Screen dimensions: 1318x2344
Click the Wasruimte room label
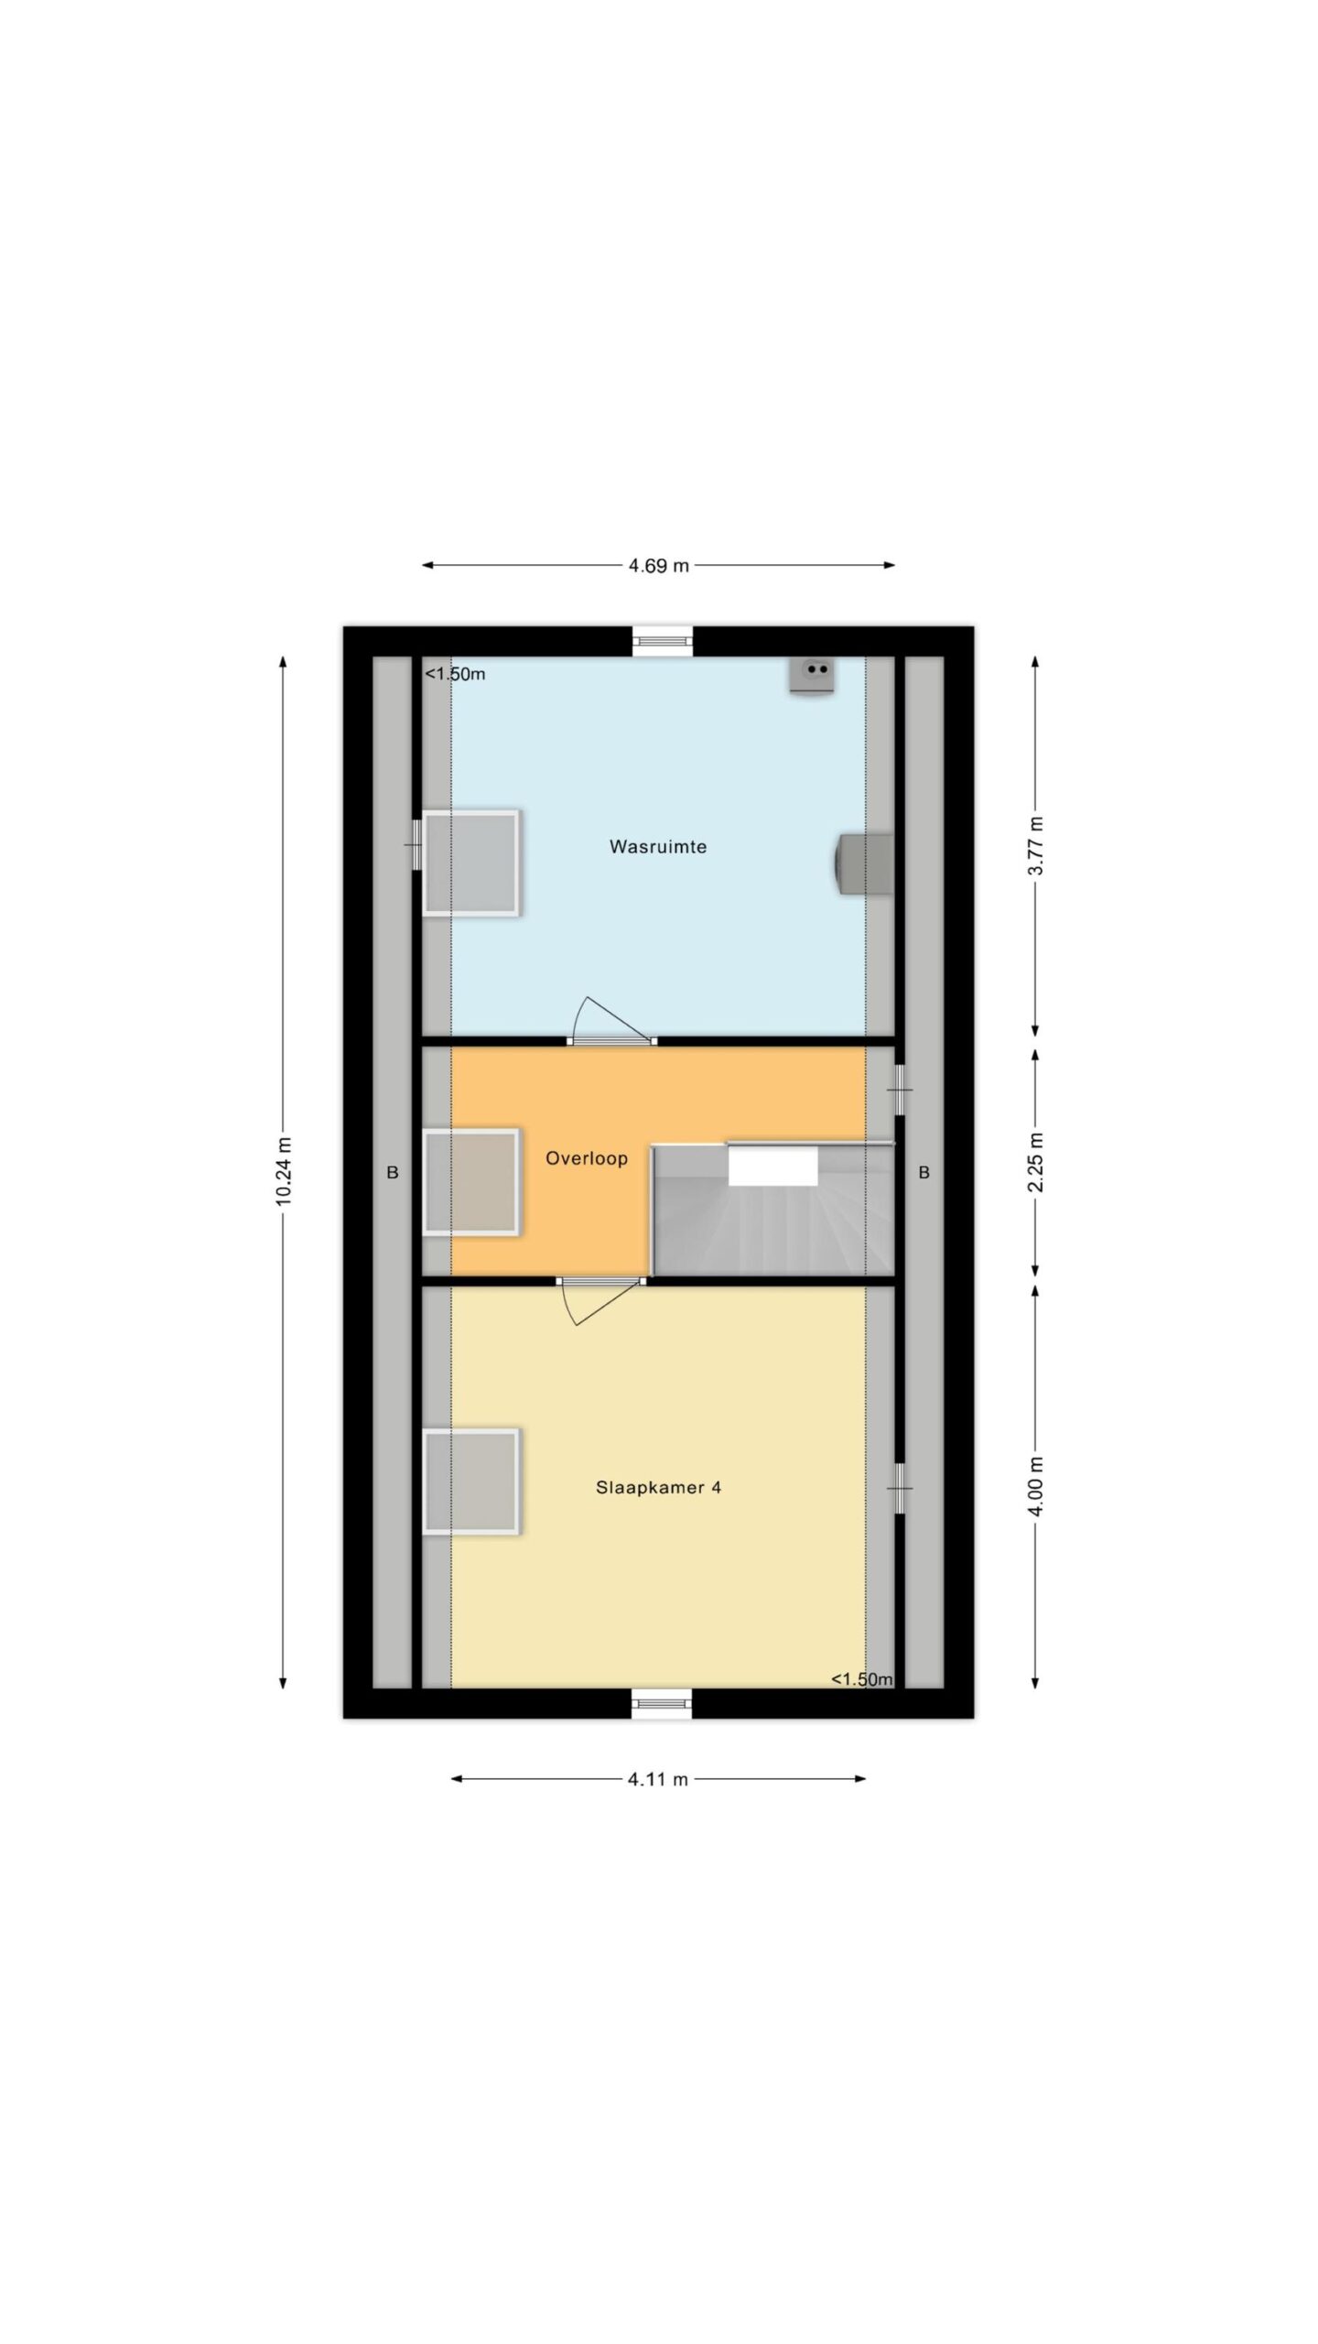657,847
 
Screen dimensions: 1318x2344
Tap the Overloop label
587,1158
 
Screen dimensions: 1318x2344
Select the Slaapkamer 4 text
658,1488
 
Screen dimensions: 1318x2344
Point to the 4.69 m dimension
658,565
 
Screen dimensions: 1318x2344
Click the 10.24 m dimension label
284,1171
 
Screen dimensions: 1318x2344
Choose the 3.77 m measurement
1035,847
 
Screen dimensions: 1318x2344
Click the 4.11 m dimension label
658,1779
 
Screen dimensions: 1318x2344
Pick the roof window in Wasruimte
472,863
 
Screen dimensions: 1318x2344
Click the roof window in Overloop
472,1183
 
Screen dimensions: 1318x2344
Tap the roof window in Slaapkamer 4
472,1481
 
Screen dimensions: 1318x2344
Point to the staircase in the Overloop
772,1209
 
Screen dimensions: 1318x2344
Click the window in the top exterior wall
663,640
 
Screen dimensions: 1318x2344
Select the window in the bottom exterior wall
663,1704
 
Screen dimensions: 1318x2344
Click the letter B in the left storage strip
393,1172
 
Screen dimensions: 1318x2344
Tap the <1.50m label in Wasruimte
455,675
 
